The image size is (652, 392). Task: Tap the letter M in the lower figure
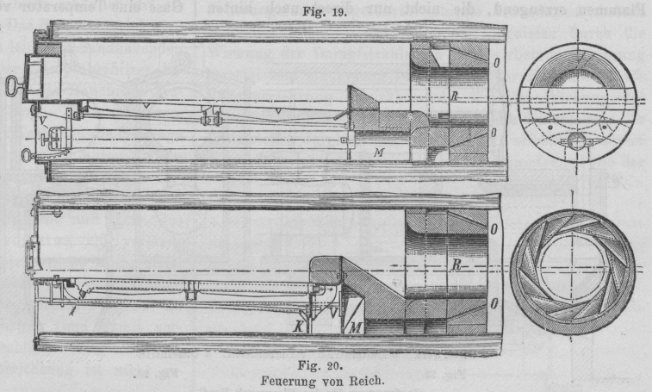click(354, 327)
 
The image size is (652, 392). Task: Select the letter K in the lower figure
click(297, 327)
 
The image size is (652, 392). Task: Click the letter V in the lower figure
click(332, 314)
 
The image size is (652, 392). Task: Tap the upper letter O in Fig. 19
click(494, 63)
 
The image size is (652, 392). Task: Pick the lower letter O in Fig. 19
click(494, 134)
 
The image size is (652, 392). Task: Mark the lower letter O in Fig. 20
click(494, 303)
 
